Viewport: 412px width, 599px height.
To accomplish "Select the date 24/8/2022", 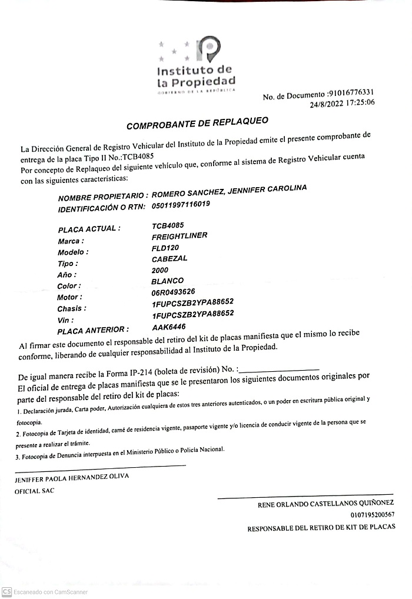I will tap(329, 104).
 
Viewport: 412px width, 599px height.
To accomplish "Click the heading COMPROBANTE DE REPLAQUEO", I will tap(197, 123).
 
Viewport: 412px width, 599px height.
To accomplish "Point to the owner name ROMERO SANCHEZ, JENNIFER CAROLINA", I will tap(229, 192).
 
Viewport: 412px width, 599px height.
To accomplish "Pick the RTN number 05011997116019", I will tap(181, 204).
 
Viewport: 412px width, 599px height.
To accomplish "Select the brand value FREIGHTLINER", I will tap(180, 237).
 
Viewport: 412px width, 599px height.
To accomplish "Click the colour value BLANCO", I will tap(167, 281).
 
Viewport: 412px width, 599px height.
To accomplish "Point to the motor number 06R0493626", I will tap(173, 292).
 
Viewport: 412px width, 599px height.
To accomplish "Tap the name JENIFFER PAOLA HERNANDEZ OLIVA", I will tap(71, 477).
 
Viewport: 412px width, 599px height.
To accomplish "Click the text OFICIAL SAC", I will tap(34, 490).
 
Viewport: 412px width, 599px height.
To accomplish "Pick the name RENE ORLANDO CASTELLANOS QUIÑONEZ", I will tap(325, 504).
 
